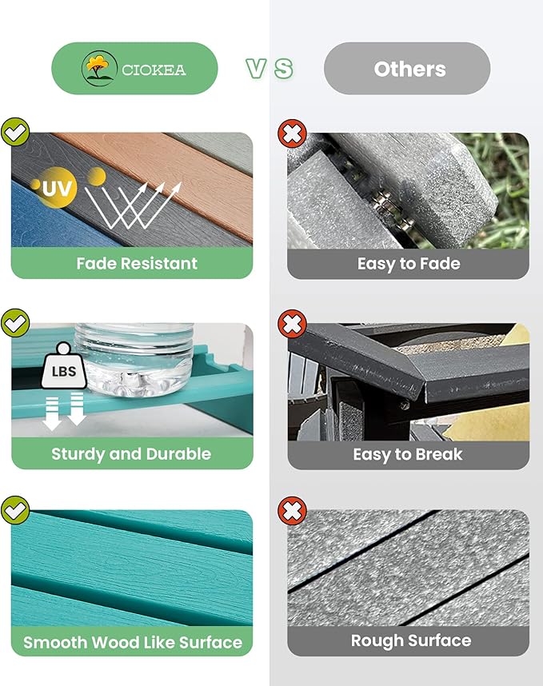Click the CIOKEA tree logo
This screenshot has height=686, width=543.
[99, 68]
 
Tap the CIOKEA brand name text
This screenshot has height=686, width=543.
[154, 70]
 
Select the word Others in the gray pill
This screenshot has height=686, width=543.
[410, 69]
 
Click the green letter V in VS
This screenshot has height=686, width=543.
[256, 69]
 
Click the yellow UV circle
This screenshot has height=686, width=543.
[57, 188]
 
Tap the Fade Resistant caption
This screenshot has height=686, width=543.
[137, 263]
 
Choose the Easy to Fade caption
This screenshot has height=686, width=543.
[409, 264]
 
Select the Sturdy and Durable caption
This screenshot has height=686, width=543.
[131, 454]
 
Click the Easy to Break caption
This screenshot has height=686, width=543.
[408, 455]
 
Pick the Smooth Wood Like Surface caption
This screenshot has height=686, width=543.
[133, 642]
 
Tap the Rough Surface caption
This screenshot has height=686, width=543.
[411, 641]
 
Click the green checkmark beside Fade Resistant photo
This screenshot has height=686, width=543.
[15, 132]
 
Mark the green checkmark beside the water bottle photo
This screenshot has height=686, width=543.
[15, 323]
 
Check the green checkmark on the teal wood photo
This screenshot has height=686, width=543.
[15, 510]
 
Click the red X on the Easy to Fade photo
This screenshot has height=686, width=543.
[292, 134]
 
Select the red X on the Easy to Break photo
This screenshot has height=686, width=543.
[292, 324]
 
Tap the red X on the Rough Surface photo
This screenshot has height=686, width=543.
[292, 511]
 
